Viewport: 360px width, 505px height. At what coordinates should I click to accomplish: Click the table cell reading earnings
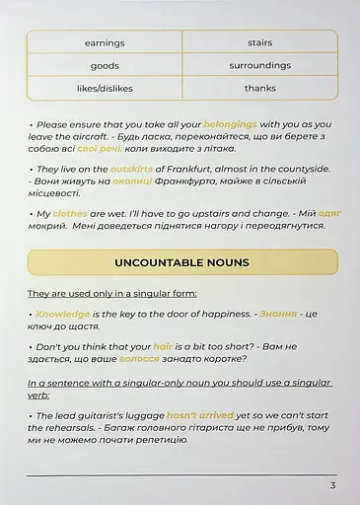click(105, 43)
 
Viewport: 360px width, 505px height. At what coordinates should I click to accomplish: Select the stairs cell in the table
click(260, 43)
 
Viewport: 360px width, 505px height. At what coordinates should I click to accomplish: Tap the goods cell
click(105, 66)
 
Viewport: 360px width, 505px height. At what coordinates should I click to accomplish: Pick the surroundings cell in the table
click(260, 66)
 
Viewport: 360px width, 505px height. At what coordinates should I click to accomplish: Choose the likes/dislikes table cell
click(105, 89)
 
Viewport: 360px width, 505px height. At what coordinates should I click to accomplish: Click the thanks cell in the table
click(260, 89)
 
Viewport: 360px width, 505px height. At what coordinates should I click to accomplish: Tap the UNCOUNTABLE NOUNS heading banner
click(181, 262)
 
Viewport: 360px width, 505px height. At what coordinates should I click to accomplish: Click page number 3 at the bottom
click(332, 485)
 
